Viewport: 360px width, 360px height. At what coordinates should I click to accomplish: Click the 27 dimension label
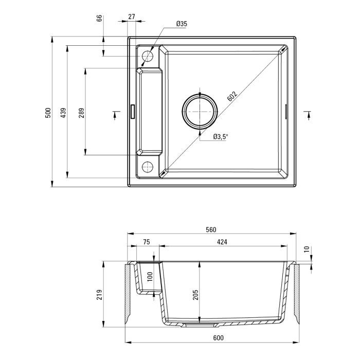click(131, 16)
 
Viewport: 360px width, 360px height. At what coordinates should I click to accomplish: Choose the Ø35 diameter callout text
click(181, 24)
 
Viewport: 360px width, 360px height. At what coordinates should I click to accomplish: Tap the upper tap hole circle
click(148, 56)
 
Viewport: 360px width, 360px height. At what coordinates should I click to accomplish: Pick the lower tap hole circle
click(148, 167)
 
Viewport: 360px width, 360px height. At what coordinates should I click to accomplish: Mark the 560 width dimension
click(210, 229)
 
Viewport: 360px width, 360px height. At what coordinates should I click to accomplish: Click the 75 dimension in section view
click(146, 242)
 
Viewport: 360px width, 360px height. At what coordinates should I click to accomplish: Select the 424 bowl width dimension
click(222, 242)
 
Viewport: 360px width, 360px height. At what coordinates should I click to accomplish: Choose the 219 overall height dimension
click(100, 294)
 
